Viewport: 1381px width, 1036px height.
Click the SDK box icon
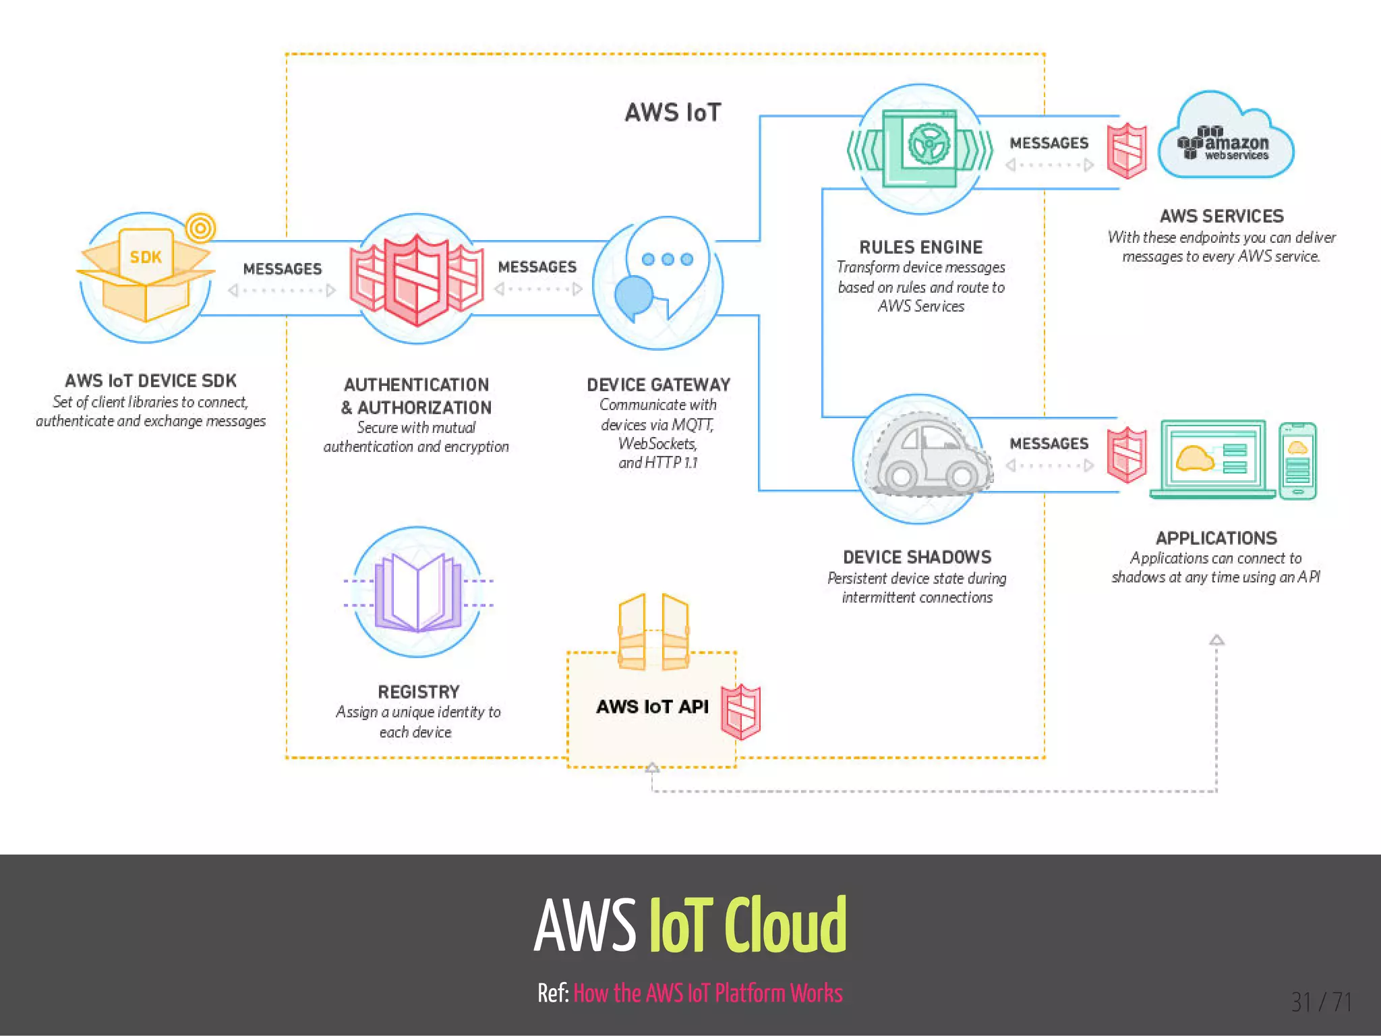(146, 277)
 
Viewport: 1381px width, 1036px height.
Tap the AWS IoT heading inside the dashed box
(673, 113)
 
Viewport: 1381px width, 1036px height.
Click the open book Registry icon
(418, 593)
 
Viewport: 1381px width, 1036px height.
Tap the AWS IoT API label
(652, 706)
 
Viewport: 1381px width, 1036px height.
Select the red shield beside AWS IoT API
(740, 712)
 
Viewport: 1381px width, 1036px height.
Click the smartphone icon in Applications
(1297, 461)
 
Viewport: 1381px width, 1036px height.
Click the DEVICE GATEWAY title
(658, 384)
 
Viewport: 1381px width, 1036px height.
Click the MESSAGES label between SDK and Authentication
(282, 269)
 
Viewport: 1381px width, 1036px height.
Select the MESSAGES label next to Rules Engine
(1049, 143)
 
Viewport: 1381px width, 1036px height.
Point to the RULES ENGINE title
(920, 247)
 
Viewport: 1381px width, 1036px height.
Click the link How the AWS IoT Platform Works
(707, 993)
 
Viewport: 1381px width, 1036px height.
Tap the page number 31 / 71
(1321, 1002)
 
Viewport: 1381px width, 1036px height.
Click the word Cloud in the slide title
(785, 925)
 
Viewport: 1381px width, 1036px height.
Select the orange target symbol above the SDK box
(200, 228)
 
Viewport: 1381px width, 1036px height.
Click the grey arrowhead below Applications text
(1216, 639)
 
